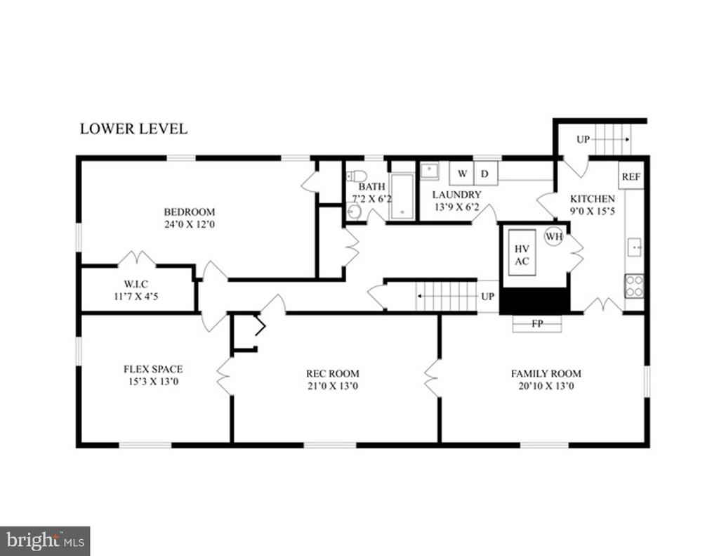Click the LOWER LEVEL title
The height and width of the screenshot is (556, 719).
(133, 129)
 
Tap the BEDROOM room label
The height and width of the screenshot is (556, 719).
(190, 212)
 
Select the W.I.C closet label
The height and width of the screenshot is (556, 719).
(136, 285)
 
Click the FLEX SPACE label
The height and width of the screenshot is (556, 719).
(153, 369)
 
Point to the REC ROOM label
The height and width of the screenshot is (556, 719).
(333, 374)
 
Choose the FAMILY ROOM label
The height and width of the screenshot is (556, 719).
(546, 374)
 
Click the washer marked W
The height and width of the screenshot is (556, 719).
(462, 174)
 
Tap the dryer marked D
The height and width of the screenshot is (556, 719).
(486, 174)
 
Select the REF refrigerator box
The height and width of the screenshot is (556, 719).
(631, 176)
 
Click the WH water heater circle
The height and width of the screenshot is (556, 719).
(553, 237)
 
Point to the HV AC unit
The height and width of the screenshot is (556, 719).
(522, 252)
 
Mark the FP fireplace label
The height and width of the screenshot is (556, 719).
(537, 323)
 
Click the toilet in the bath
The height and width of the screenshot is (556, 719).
(356, 176)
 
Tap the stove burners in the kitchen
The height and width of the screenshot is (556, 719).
(634, 286)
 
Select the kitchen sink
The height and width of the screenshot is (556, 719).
(635, 247)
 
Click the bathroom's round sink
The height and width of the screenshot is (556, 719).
(354, 212)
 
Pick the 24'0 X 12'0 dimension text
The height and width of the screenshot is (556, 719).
(190, 224)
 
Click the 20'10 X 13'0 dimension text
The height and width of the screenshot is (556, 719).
(546, 386)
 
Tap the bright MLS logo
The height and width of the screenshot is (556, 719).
(45, 540)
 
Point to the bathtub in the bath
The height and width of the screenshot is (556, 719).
(402, 197)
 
